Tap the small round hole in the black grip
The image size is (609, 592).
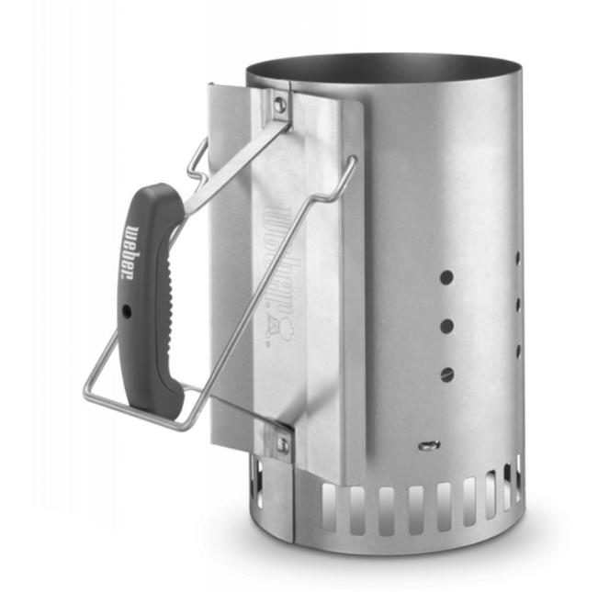tap(127, 310)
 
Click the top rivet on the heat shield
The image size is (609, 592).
tap(279, 105)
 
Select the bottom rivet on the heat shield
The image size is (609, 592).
tap(283, 445)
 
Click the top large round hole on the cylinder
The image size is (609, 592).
tap(445, 276)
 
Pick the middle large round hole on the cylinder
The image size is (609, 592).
tap(446, 325)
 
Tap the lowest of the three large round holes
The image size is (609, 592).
tap(447, 374)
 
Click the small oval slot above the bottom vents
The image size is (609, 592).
tap(427, 445)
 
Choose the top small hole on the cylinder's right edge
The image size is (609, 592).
tap(518, 260)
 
